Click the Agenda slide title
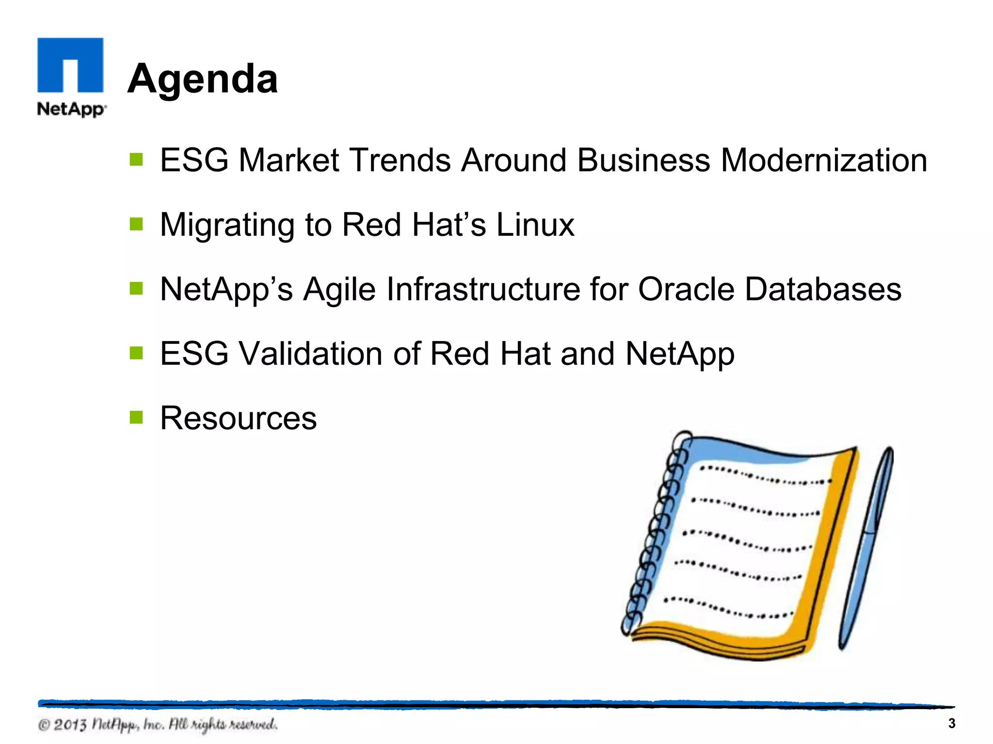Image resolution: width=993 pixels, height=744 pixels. pos(203,78)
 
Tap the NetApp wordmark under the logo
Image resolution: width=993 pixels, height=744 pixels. pos(71,109)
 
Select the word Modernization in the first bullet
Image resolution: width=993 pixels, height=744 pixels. pos(823,160)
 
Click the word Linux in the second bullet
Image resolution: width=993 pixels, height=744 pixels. pos(535,225)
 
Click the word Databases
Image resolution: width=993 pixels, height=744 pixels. pos(823,289)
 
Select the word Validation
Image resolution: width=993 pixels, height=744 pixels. pos(311,354)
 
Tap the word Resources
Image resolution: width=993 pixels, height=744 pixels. pos(238,418)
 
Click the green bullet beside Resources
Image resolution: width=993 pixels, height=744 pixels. pos(136,417)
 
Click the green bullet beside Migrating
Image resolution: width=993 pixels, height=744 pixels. pos(136,224)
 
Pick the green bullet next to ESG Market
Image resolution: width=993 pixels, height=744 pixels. pos(136,159)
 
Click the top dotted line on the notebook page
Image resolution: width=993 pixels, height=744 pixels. pos(765,476)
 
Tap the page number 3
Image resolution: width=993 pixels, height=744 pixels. pos(951,723)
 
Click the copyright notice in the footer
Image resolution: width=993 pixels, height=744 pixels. pos(158,725)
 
